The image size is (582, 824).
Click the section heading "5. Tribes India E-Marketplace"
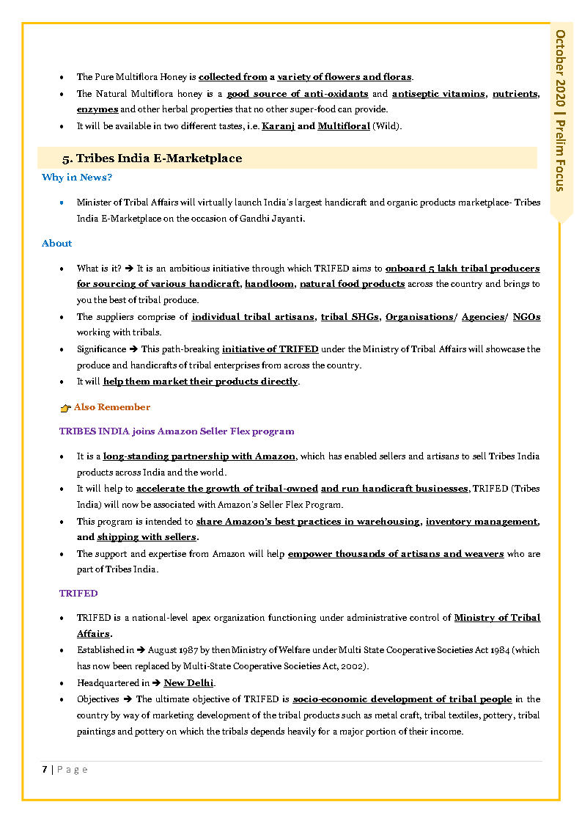[x=152, y=158]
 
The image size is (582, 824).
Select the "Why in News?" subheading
[x=77, y=178]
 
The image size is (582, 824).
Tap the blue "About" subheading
[x=57, y=244]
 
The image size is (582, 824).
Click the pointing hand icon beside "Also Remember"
[x=65, y=408]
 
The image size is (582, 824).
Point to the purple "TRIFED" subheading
[x=78, y=593]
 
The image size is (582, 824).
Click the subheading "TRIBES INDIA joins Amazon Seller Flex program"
[x=177, y=431]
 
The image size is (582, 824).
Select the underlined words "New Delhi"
[x=189, y=683]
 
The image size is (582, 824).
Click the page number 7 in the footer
[x=45, y=769]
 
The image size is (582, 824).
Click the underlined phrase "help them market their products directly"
[x=201, y=382]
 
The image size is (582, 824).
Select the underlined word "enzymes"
[x=97, y=109]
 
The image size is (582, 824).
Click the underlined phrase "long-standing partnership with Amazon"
[x=199, y=456]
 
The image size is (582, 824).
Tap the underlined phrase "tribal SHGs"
[x=350, y=317]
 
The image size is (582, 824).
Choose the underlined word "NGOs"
[x=526, y=317]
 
